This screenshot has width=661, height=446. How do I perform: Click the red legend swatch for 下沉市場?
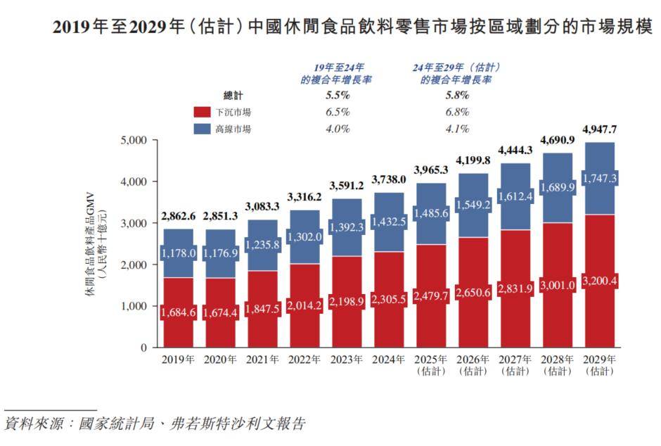[203, 113]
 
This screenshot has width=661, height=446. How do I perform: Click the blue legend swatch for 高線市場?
[203, 129]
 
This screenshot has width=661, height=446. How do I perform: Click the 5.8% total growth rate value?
[455, 96]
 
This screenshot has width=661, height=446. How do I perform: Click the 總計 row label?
[233, 96]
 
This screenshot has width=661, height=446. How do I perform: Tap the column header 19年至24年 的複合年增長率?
[336, 73]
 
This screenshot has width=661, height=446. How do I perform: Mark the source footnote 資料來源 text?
[155, 424]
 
